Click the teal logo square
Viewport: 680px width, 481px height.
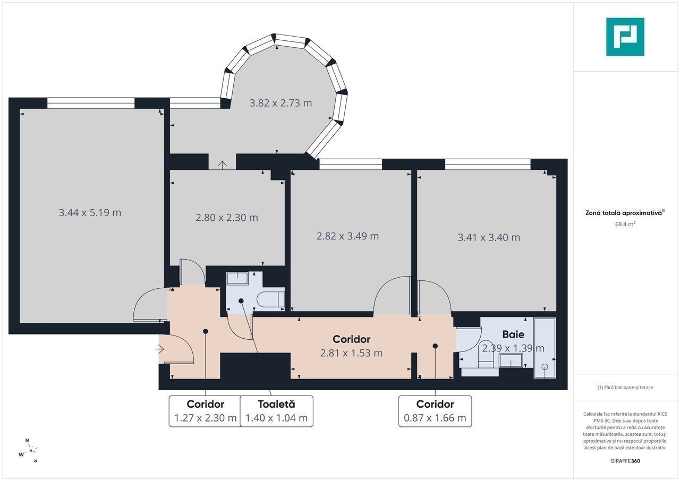pyautogui.click(x=625, y=37)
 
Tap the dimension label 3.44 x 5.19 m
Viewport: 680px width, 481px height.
pyautogui.click(x=90, y=212)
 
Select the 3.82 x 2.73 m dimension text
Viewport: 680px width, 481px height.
pyautogui.click(x=280, y=103)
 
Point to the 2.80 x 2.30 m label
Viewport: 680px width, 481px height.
pyautogui.click(x=227, y=218)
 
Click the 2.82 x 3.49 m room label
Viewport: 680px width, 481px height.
pyautogui.click(x=347, y=236)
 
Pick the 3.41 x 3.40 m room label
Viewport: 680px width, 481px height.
pyautogui.click(x=489, y=237)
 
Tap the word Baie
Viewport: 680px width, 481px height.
pyautogui.click(x=513, y=334)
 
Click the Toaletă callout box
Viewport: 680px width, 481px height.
pyautogui.click(x=277, y=411)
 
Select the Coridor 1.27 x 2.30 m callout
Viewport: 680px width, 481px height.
pyautogui.click(x=205, y=411)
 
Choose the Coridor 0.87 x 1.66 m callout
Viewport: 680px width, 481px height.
pyautogui.click(x=435, y=411)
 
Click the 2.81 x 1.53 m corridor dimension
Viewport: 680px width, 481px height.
pyautogui.click(x=351, y=353)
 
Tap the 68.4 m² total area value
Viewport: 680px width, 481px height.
pyautogui.click(x=625, y=224)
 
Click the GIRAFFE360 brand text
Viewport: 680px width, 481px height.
pyautogui.click(x=625, y=461)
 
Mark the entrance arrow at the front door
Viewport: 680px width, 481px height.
pyautogui.click(x=159, y=349)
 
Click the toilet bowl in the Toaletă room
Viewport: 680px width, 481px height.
pyautogui.click(x=270, y=299)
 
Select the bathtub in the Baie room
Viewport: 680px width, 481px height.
pyautogui.click(x=545, y=348)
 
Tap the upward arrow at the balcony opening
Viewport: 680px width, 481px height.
pyautogui.click(x=223, y=165)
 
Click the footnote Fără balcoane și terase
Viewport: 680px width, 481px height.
pyautogui.click(x=625, y=387)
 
